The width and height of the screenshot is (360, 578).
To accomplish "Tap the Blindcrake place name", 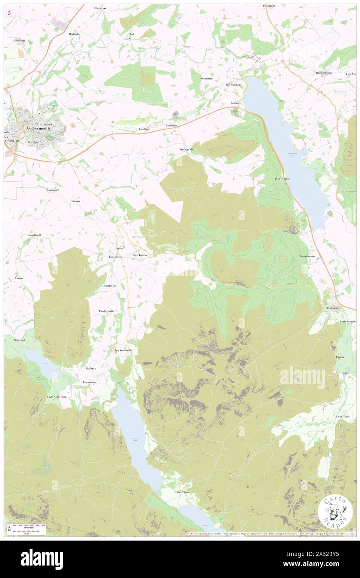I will pos(101,8).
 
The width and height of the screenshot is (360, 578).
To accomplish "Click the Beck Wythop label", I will pos(283,178).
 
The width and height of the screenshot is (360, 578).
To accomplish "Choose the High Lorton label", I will pos(139,255).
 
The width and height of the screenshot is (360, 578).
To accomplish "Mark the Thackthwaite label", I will pos(106,311).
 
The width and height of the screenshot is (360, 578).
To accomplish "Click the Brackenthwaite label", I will pos(123,350).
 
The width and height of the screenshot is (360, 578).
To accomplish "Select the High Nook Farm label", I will pos(57,397).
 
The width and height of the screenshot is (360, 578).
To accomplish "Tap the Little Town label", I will pos(343,416).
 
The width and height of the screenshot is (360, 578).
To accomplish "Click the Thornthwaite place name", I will pos(307,257).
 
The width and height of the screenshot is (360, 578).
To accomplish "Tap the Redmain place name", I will pos(74,34).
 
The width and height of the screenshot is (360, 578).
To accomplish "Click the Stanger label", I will pos(76,201).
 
